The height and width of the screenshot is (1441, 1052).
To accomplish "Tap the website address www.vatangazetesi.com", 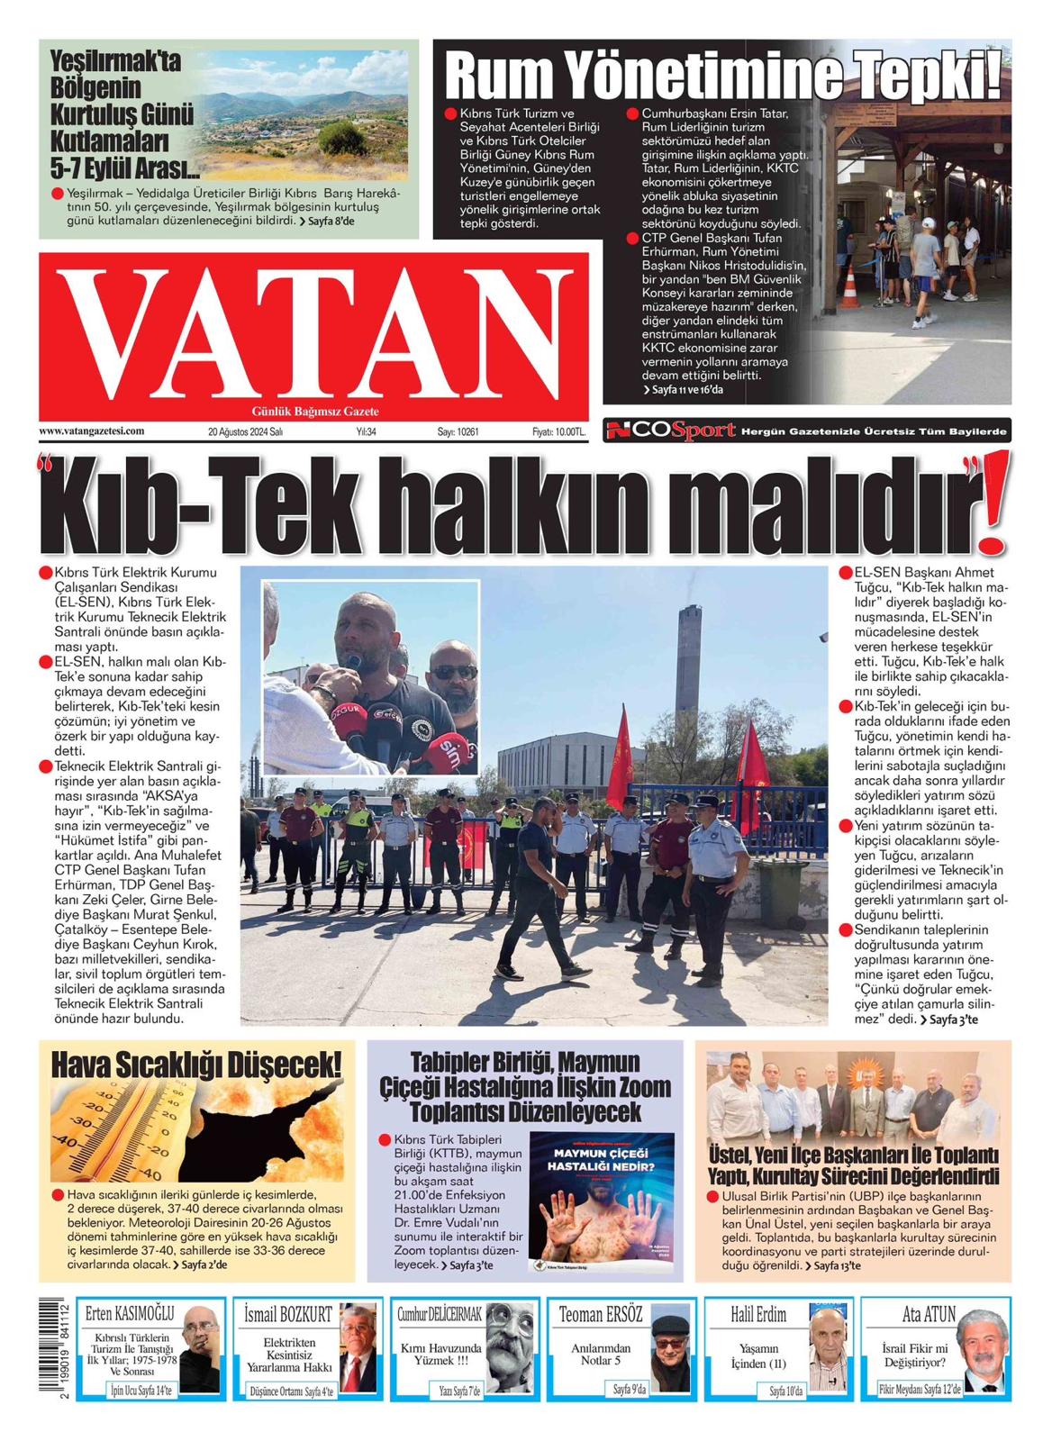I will (91, 431).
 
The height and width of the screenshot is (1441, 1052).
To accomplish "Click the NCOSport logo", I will (670, 431).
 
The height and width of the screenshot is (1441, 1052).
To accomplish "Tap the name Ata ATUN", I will (929, 1315).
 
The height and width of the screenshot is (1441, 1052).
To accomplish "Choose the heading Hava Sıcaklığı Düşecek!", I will (197, 1065).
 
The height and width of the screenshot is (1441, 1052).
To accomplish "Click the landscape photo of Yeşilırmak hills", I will (303, 115).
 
